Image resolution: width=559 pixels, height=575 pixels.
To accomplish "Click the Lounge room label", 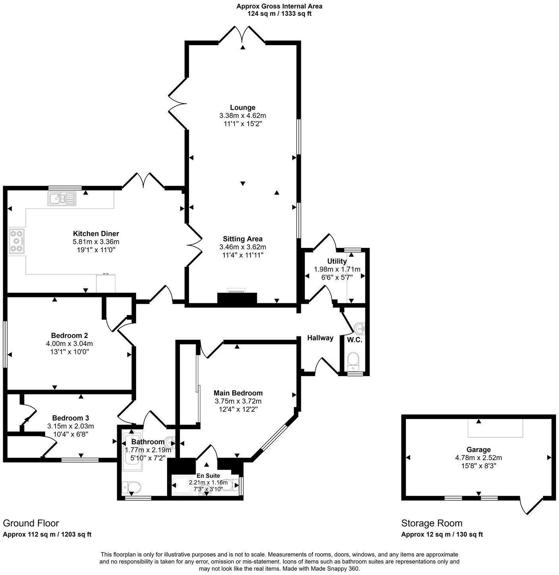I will point(243,108).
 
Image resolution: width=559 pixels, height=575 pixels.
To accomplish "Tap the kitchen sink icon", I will point(62,199).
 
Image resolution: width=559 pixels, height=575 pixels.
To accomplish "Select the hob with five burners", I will point(16,241).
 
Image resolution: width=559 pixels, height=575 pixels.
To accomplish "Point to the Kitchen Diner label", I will point(96,233).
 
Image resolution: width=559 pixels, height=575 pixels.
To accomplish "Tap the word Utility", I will point(337,261).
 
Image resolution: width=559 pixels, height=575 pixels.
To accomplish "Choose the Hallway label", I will point(320,338).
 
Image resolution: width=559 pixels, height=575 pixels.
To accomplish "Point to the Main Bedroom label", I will point(238,393).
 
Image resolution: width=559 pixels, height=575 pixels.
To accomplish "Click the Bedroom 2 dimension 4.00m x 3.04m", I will point(69,343).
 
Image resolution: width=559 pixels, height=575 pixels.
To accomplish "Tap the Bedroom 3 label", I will point(70,418).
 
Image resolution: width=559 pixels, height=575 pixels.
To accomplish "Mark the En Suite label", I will point(208,476).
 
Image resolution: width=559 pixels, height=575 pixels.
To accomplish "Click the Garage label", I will point(478,450).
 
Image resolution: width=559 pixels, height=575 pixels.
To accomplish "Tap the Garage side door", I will point(531,505).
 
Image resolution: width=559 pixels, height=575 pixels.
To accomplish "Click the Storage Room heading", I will point(432,523).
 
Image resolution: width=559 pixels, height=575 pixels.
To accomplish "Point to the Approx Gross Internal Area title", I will point(279,6).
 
